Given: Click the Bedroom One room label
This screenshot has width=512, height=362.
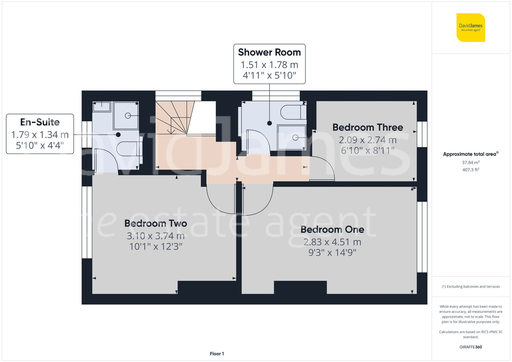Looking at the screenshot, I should (x=332, y=229).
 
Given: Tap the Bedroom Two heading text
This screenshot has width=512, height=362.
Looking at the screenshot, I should (x=155, y=223).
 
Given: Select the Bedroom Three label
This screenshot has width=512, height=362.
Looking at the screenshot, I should (x=368, y=127).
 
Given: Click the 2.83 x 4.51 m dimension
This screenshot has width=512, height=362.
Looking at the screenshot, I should (x=332, y=242).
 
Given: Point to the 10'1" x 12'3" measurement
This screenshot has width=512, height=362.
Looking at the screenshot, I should (x=155, y=246).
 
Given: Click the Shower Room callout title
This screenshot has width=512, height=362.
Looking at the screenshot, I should (x=269, y=52).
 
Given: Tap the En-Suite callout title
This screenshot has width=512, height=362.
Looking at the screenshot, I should (x=40, y=122).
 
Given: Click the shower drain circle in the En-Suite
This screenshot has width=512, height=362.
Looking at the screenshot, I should (x=127, y=116).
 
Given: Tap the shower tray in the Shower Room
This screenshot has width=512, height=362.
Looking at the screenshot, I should (x=292, y=137).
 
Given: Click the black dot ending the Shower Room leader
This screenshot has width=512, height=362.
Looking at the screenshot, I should (x=269, y=123).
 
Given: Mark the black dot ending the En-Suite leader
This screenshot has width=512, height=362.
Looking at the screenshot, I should (x=118, y=135).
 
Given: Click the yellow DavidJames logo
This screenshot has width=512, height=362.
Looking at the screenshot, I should (x=471, y=28).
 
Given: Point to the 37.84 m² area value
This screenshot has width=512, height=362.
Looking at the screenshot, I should (x=471, y=162).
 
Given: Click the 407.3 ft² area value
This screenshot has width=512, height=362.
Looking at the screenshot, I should (x=471, y=170).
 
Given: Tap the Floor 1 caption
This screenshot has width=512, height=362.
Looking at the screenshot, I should (x=217, y=354).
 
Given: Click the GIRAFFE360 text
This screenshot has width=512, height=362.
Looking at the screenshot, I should (x=471, y=347).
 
